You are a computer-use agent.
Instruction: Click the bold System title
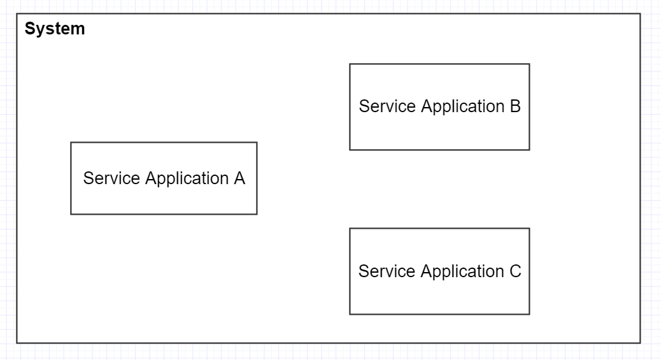coord(55,29)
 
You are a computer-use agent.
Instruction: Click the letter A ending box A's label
coord(239,178)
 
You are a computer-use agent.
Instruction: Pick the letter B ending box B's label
coord(515,106)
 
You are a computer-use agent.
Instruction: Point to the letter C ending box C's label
coord(515,271)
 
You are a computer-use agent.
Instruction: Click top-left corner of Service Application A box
coord(71,143)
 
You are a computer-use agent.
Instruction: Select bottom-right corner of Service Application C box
coord(529,314)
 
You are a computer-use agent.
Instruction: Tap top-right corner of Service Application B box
coord(529,64)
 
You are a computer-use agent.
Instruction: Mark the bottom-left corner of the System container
coord(17,343)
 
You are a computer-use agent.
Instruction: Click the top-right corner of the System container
coord(640,14)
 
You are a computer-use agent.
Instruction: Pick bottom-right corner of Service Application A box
coord(257,214)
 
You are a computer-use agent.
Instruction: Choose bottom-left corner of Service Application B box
coord(350,150)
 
